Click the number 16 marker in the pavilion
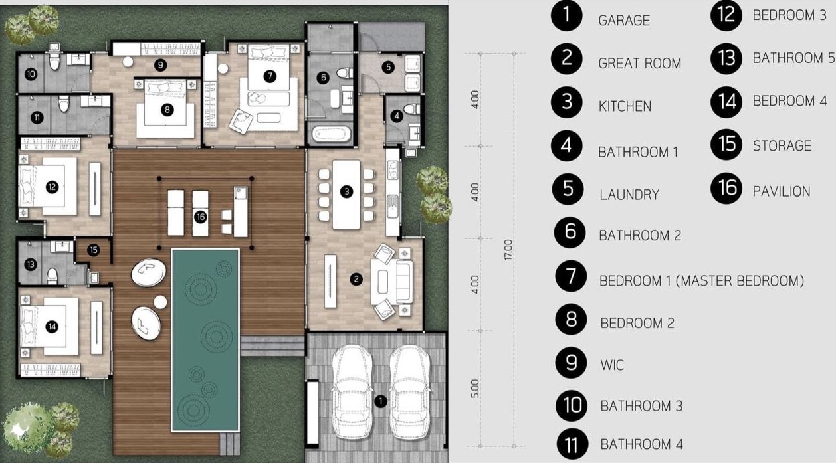click(201, 217)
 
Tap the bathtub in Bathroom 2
click(331, 134)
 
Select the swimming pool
click(205, 340)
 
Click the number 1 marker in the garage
click(381, 401)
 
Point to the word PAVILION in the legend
click(781, 191)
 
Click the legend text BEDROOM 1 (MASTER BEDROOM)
click(702, 280)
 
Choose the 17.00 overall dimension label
click(508, 250)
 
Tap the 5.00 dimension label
click(474, 389)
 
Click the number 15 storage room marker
click(94, 250)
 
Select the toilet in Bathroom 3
click(55, 62)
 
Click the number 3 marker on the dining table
click(347, 192)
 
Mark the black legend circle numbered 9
click(571, 363)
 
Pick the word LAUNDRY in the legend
click(629, 195)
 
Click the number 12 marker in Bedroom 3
click(52, 187)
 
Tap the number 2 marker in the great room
click(356, 279)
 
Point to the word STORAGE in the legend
click(782, 145)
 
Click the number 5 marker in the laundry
click(388, 67)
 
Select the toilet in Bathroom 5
click(52, 275)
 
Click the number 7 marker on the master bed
click(270, 76)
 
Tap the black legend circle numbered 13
click(726, 58)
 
